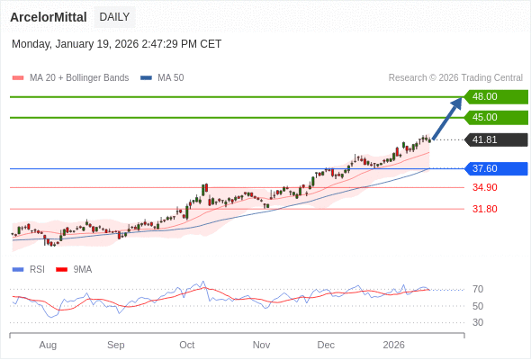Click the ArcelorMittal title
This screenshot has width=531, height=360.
click(x=49, y=17)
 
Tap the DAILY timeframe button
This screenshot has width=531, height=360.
click(x=114, y=17)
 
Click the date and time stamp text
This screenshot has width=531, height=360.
click(x=116, y=44)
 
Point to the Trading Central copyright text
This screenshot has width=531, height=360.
click(x=455, y=78)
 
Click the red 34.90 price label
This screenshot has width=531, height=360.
click(x=484, y=187)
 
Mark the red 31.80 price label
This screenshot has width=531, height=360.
click(x=484, y=209)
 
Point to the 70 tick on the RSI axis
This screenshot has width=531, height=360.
click(x=478, y=289)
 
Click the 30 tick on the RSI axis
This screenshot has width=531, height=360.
click(x=478, y=322)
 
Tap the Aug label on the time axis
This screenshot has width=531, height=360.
click(x=48, y=345)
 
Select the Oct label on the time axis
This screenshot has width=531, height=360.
click(x=186, y=345)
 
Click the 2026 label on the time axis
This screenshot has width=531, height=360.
click(x=393, y=345)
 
